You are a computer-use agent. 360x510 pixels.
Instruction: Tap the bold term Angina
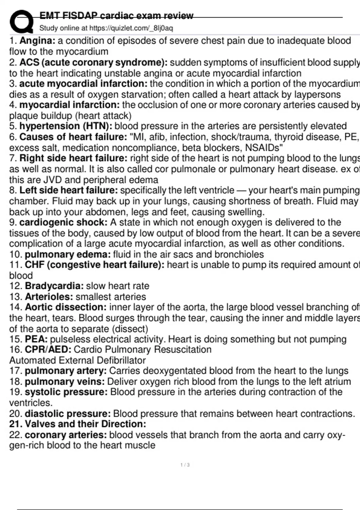[x=37, y=40]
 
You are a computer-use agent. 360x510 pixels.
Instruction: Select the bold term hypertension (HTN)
[x=66, y=126]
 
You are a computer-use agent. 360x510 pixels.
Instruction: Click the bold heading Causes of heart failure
[x=73, y=137]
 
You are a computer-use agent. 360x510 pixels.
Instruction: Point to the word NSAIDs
[x=264, y=148]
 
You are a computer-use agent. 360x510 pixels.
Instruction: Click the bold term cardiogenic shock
[x=63, y=222]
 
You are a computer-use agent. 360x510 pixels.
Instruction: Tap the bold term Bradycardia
[x=54, y=286]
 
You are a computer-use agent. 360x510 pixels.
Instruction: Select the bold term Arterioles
[x=49, y=297]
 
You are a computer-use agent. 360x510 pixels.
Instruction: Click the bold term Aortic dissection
[x=66, y=307]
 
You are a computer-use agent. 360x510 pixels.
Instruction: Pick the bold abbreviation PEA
[x=36, y=339]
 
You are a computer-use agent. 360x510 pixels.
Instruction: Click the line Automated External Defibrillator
[x=77, y=360]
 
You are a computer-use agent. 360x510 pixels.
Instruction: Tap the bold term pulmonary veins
[x=64, y=382]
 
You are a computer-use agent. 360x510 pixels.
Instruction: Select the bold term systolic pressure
[x=66, y=392]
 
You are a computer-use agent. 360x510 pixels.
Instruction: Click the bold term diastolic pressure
[x=68, y=414]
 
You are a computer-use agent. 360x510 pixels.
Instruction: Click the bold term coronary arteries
[x=66, y=435]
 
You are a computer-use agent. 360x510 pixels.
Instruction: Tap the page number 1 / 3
[x=185, y=465]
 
